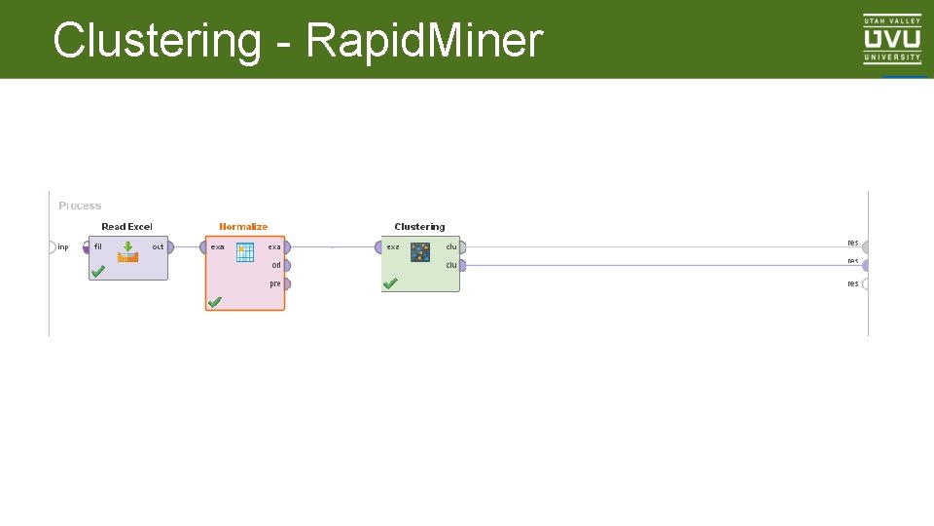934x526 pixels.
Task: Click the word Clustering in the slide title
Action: pyautogui.click(x=157, y=41)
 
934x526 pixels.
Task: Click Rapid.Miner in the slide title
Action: pyautogui.click(x=423, y=41)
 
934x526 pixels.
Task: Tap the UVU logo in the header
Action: pyautogui.click(x=892, y=39)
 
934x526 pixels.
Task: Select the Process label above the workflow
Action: pyautogui.click(x=80, y=206)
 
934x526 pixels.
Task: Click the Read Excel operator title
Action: pyautogui.click(x=126, y=227)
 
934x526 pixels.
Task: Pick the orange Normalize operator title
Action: pyautogui.click(x=243, y=227)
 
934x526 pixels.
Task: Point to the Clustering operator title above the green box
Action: pyautogui.click(x=419, y=227)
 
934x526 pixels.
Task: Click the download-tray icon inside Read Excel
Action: pyautogui.click(x=127, y=252)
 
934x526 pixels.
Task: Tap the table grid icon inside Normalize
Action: pyautogui.click(x=244, y=252)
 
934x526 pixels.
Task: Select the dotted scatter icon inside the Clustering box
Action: pyautogui.click(x=419, y=252)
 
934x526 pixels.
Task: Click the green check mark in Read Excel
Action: pyautogui.click(x=98, y=273)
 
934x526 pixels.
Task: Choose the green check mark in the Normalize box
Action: pyautogui.click(x=215, y=303)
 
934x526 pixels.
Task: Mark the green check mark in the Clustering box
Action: pyautogui.click(x=390, y=283)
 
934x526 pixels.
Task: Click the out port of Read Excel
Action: pyautogui.click(x=169, y=247)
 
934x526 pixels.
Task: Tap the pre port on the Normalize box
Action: pyautogui.click(x=285, y=284)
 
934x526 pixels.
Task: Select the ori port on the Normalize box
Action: pyautogui.click(x=285, y=265)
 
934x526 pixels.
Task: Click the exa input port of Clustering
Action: pyautogui.click(x=379, y=247)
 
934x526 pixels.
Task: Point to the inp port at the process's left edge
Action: pyautogui.click(x=53, y=247)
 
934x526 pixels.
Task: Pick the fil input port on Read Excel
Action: pyautogui.click(x=88, y=247)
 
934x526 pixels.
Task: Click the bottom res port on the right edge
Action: pyautogui.click(x=865, y=284)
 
